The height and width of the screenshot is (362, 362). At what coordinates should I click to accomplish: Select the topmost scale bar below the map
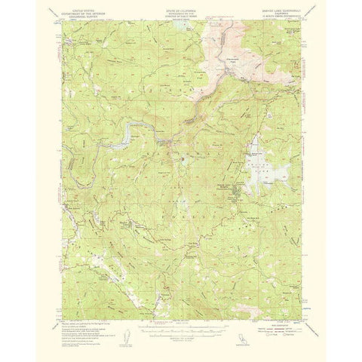181,306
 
